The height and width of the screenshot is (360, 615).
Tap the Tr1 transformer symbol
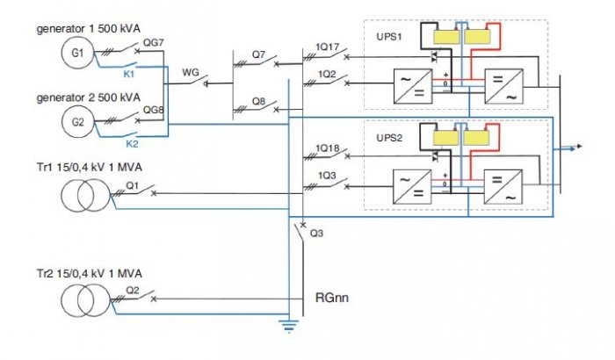point(86,195)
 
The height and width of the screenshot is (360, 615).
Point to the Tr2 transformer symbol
point(86,300)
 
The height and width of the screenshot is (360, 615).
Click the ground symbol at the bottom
point(289,326)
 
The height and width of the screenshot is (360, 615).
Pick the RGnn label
point(332,298)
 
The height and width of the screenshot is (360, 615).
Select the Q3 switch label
point(316,234)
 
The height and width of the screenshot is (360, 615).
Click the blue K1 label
point(129,74)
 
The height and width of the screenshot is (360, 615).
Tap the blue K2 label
point(132,144)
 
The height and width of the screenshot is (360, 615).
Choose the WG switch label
point(191,73)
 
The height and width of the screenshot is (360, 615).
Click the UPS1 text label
point(389,37)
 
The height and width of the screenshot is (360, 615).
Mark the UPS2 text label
point(389,138)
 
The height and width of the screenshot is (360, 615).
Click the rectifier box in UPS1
point(413,86)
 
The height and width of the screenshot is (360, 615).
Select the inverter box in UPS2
point(503,187)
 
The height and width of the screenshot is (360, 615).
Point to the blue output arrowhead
point(578,147)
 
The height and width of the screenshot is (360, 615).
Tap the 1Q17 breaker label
point(328,47)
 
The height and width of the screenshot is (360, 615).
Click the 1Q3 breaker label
point(327,176)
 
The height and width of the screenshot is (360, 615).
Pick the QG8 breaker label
point(153,110)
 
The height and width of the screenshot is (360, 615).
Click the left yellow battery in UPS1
point(446,37)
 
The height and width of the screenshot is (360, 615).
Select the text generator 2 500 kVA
point(89,97)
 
